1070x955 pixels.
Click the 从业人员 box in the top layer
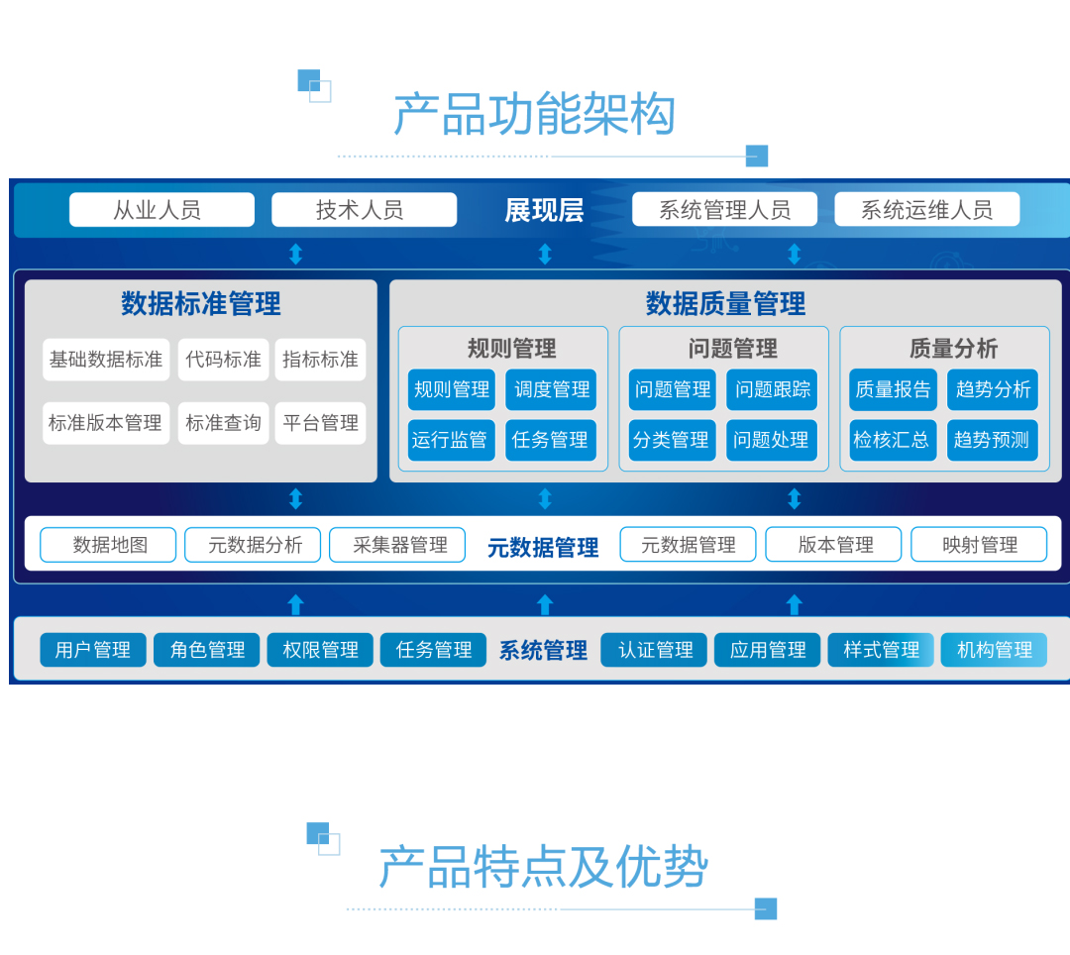(x=161, y=210)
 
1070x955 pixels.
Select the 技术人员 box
(x=364, y=210)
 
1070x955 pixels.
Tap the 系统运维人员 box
(x=926, y=210)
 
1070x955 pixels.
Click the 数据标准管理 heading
(x=201, y=303)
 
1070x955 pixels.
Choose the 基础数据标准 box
(x=106, y=360)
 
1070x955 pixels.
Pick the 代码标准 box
(x=223, y=360)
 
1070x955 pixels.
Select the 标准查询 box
(x=223, y=423)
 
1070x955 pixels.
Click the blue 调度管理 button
(x=551, y=390)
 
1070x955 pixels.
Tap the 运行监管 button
(x=451, y=440)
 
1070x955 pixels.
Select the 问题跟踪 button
(x=772, y=390)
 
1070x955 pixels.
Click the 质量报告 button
(x=893, y=390)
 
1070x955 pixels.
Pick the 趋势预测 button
(x=992, y=440)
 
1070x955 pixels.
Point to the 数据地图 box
(x=109, y=545)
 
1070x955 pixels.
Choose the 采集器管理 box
(x=397, y=545)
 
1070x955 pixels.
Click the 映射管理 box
(x=979, y=545)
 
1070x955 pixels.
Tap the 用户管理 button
(x=93, y=650)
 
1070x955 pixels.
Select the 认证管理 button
(x=654, y=650)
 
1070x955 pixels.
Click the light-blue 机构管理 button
(x=994, y=650)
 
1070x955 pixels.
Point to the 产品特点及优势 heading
(x=543, y=868)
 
